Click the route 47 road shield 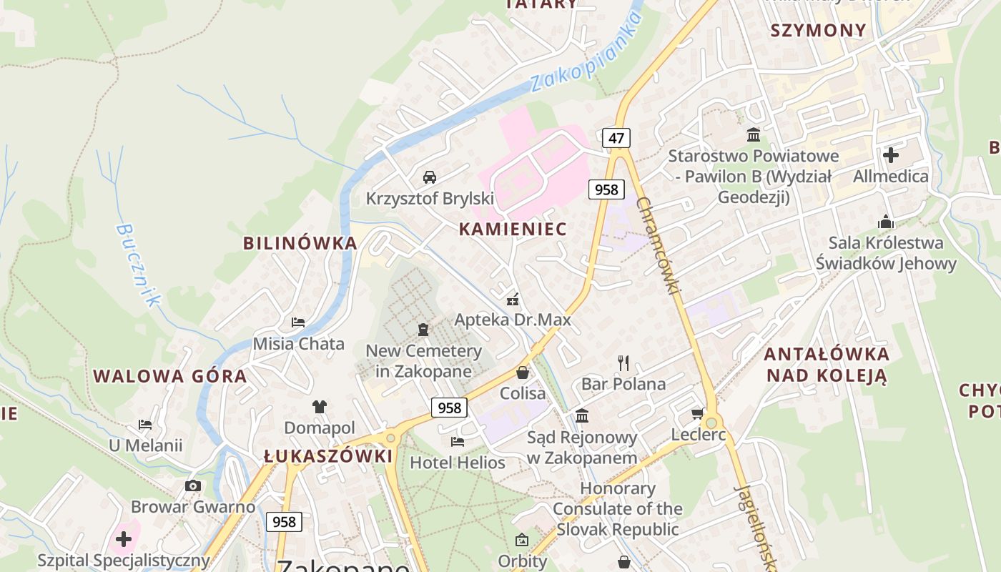(616, 138)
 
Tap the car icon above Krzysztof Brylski (430, 177)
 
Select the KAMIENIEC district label (513, 230)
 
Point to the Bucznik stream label (137, 265)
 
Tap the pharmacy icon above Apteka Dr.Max (513, 300)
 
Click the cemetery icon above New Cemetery (423, 330)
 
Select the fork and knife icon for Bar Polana (623, 363)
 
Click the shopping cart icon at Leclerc (698, 413)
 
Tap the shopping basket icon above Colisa (523, 373)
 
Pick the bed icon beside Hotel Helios (458, 442)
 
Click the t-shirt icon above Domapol (319, 407)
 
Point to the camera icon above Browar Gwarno (192, 486)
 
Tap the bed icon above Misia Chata (298, 322)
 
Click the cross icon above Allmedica (891, 154)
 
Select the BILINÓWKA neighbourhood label (300, 243)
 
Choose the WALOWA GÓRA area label (170, 376)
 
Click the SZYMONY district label (818, 30)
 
